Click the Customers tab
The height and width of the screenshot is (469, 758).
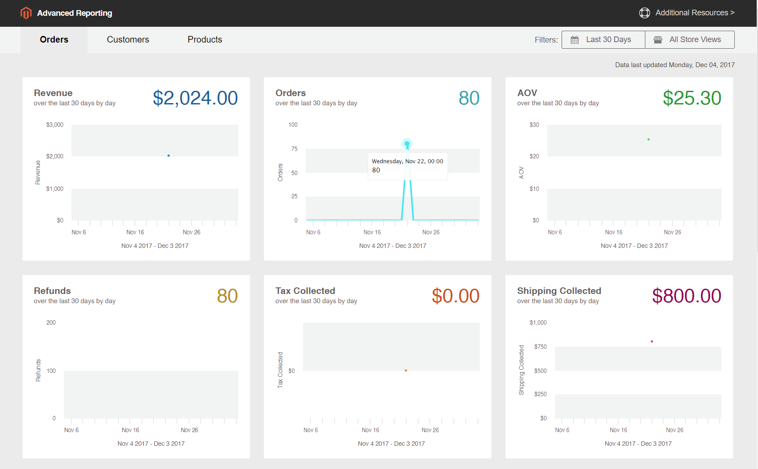click(128, 39)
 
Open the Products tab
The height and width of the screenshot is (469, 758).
click(205, 39)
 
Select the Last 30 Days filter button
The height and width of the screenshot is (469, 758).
click(603, 39)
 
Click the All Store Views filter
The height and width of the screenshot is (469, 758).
click(690, 39)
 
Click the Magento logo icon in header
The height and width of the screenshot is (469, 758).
click(26, 13)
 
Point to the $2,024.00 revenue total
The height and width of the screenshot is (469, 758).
click(195, 98)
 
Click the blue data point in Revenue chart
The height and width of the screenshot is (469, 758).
click(168, 156)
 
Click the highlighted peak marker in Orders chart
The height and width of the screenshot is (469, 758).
click(407, 143)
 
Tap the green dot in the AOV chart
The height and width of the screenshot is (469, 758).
click(648, 140)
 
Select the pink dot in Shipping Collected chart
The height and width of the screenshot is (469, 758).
click(652, 341)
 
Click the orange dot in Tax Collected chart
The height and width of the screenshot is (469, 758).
click(406, 371)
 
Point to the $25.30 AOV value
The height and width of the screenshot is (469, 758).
click(691, 98)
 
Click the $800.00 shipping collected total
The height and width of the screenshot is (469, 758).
click(686, 296)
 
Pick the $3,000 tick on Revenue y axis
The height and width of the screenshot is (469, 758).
click(55, 125)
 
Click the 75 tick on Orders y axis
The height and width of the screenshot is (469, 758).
click(294, 149)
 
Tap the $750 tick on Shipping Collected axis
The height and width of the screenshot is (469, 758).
click(540, 347)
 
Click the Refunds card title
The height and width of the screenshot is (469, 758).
click(52, 291)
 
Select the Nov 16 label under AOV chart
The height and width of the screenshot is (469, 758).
click(613, 233)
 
